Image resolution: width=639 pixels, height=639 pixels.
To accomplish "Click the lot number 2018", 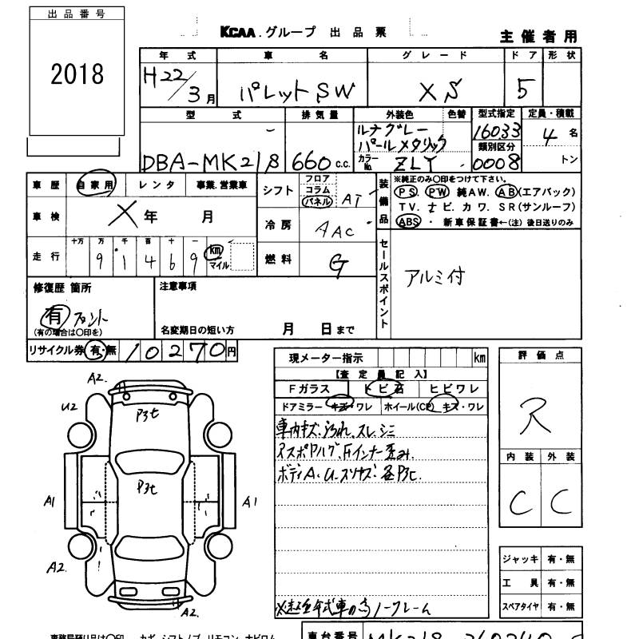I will click(77, 74).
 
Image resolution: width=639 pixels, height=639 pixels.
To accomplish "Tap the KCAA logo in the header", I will click(238, 33).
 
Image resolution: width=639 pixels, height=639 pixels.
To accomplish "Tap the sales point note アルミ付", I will click(435, 276).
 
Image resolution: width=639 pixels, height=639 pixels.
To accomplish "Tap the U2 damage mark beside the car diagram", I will click(69, 406).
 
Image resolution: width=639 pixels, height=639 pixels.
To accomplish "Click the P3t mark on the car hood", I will click(148, 414).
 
